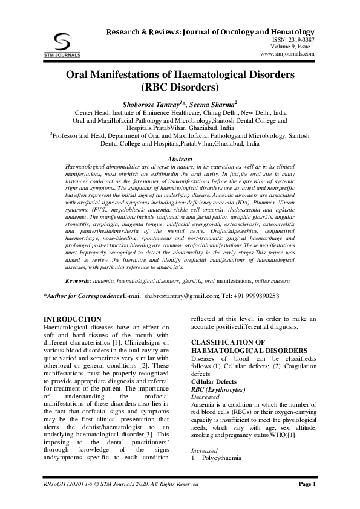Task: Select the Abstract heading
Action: pos(179,159)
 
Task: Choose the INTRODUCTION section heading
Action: pos(73,319)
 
